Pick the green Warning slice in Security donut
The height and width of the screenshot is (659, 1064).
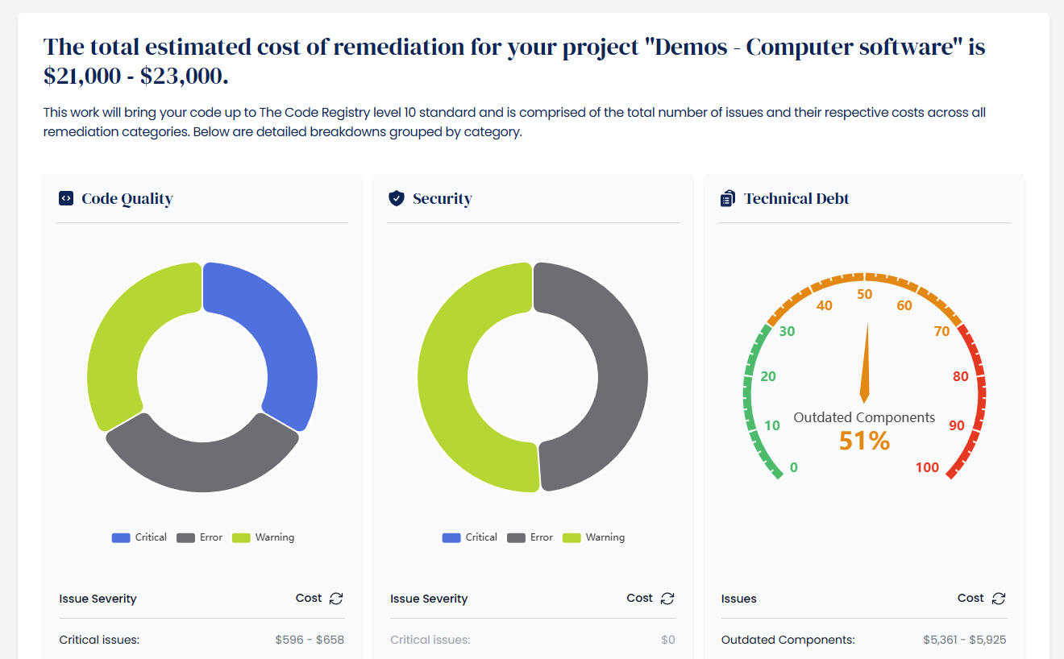pos(451,387)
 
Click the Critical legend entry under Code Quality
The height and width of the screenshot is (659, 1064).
pos(139,537)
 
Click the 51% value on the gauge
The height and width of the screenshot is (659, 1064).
pos(864,441)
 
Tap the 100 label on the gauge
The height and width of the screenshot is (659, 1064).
pos(927,468)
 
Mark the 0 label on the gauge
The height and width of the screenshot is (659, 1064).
pos(794,468)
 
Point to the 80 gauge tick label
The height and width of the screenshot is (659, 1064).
pos(960,376)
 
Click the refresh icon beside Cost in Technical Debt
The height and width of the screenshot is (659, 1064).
pos(999,598)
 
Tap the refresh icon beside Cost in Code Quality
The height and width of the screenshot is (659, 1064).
pos(336,598)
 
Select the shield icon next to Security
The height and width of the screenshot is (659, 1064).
pos(396,198)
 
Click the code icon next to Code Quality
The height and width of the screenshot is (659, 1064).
pos(66,198)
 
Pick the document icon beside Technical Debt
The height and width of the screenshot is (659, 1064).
pos(727,198)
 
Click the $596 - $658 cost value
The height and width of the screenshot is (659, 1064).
pos(310,640)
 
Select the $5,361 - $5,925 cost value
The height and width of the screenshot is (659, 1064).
pos(964,640)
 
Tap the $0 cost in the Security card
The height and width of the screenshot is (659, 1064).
pos(667,640)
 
